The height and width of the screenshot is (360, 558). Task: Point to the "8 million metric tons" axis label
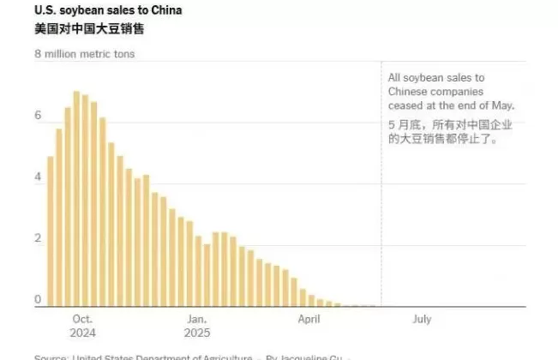[84, 53]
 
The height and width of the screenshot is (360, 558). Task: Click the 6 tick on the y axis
[38, 116]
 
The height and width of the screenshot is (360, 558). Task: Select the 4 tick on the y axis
[38, 177]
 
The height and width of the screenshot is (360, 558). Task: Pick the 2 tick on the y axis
[38, 238]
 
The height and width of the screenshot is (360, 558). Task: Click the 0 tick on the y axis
[38, 300]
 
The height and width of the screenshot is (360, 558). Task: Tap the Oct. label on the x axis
[83, 319]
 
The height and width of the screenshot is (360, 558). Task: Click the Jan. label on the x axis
[197, 319]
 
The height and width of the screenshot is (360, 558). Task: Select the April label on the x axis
[309, 319]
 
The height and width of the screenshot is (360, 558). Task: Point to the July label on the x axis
[422, 319]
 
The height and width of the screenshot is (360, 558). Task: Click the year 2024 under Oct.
[83, 333]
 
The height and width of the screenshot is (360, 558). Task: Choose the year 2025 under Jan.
[197, 333]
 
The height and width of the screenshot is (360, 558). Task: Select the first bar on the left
[51, 231]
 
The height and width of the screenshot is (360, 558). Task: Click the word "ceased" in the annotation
[406, 105]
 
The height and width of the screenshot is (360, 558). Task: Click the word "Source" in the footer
[49, 357]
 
